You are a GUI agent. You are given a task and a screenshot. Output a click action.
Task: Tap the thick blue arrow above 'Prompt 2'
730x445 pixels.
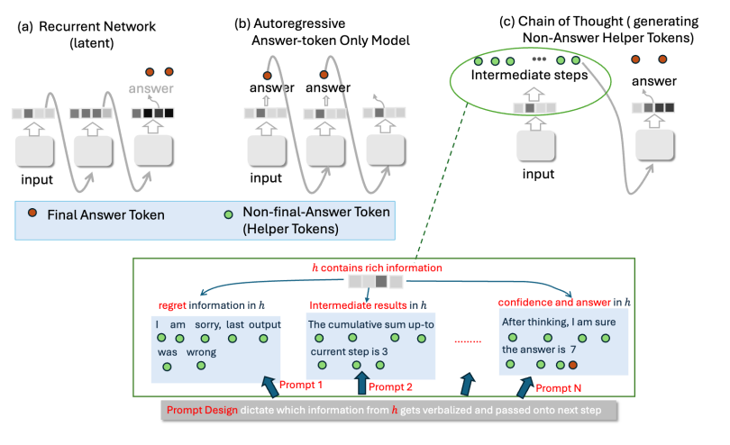362,382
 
